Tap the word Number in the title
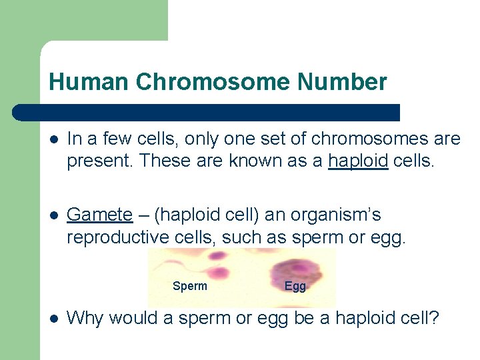point(342,82)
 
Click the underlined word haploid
point(358,160)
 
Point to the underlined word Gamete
point(100,215)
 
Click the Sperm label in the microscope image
point(189,286)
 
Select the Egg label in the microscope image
point(295,286)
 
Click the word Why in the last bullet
point(85,318)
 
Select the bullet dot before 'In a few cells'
point(53,139)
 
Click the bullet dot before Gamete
point(53,215)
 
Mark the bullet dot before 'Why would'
point(53,319)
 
